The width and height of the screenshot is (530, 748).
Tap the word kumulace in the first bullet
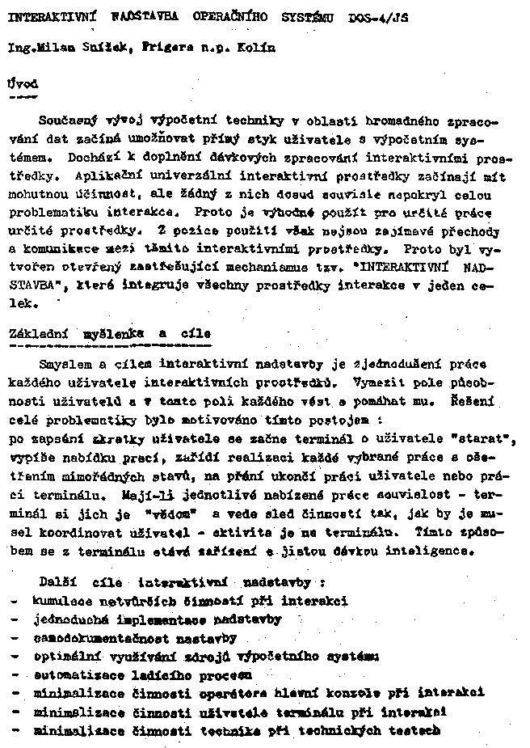point(61,601)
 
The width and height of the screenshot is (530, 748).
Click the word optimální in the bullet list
point(66,657)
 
